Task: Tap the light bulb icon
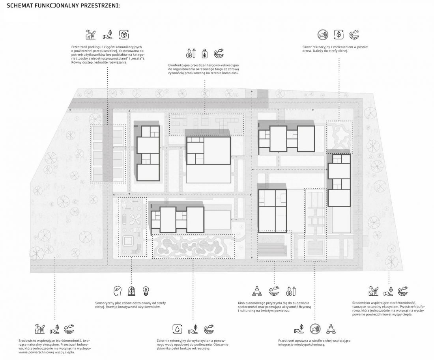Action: coord(145,291)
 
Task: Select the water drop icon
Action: coord(177,329)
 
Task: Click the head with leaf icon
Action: coord(117,291)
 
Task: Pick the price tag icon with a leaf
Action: coord(204,53)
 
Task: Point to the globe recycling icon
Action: coord(124,35)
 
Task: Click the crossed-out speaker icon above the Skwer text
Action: coord(323,35)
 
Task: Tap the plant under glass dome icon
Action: coord(131,291)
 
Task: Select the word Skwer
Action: coord(307,47)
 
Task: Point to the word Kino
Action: coord(241,303)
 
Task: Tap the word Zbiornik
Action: coord(163,341)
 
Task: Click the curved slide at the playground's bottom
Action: coord(137,250)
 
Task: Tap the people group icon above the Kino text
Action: coord(257,291)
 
